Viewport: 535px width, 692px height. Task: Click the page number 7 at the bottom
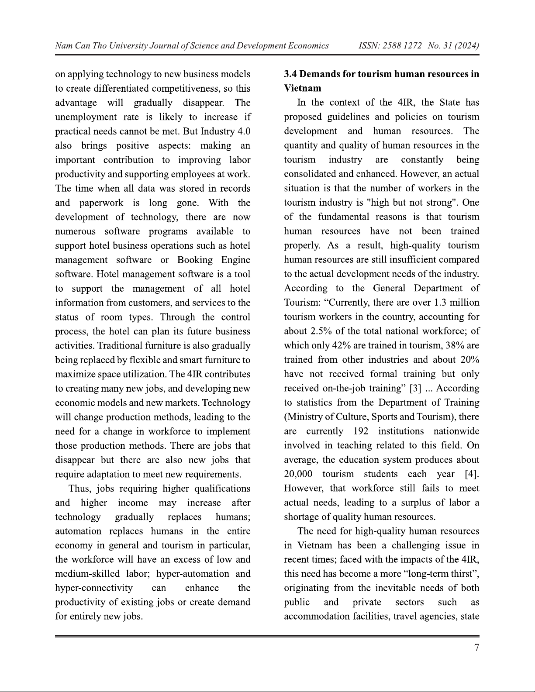pyautogui.click(x=476, y=647)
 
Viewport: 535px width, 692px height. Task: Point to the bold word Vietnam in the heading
pyautogui.click(x=302, y=88)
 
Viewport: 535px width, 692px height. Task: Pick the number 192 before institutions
pyautogui.click(x=361, y=431)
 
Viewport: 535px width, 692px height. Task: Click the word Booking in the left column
pyautogui.click(x=195, y=260)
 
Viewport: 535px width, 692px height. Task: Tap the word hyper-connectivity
pyautogui.click(x=94, y=588)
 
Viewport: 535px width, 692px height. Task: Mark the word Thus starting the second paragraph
pyautogui.click(x=80, y=489)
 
